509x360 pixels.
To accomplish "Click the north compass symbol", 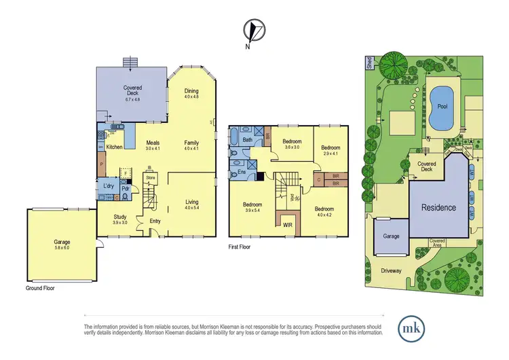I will (x=254, y=31).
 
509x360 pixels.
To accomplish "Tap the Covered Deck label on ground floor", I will (x=132, y=92).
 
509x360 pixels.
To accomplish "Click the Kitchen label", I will (x=113, y=147).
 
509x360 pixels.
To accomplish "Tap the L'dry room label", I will (x=107, y=185).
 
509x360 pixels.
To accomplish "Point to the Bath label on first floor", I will (x=248, y=140).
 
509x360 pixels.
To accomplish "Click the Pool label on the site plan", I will (x=442, y=107).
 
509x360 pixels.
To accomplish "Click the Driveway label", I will (x=391, y=270).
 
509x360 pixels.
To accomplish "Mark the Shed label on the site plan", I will (x=369, y=63).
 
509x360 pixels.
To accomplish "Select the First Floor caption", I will (x=239, y=247).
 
